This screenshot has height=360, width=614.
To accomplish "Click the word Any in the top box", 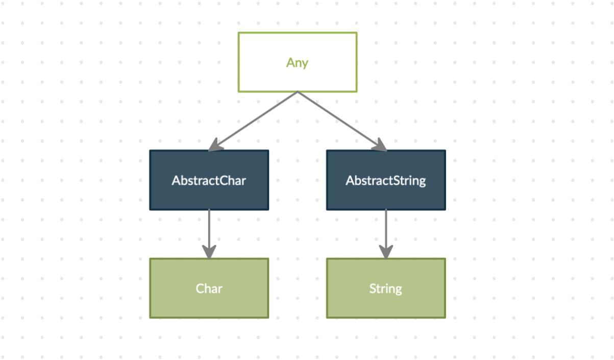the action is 297,63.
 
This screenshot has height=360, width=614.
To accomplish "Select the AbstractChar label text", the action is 209,180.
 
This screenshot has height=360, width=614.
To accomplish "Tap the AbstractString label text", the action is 386,181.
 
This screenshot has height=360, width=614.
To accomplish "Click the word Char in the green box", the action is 209,289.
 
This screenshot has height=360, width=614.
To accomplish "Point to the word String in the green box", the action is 386,289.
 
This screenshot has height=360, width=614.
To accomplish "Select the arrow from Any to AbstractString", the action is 342,121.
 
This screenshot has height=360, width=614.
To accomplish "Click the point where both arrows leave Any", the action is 298,92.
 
